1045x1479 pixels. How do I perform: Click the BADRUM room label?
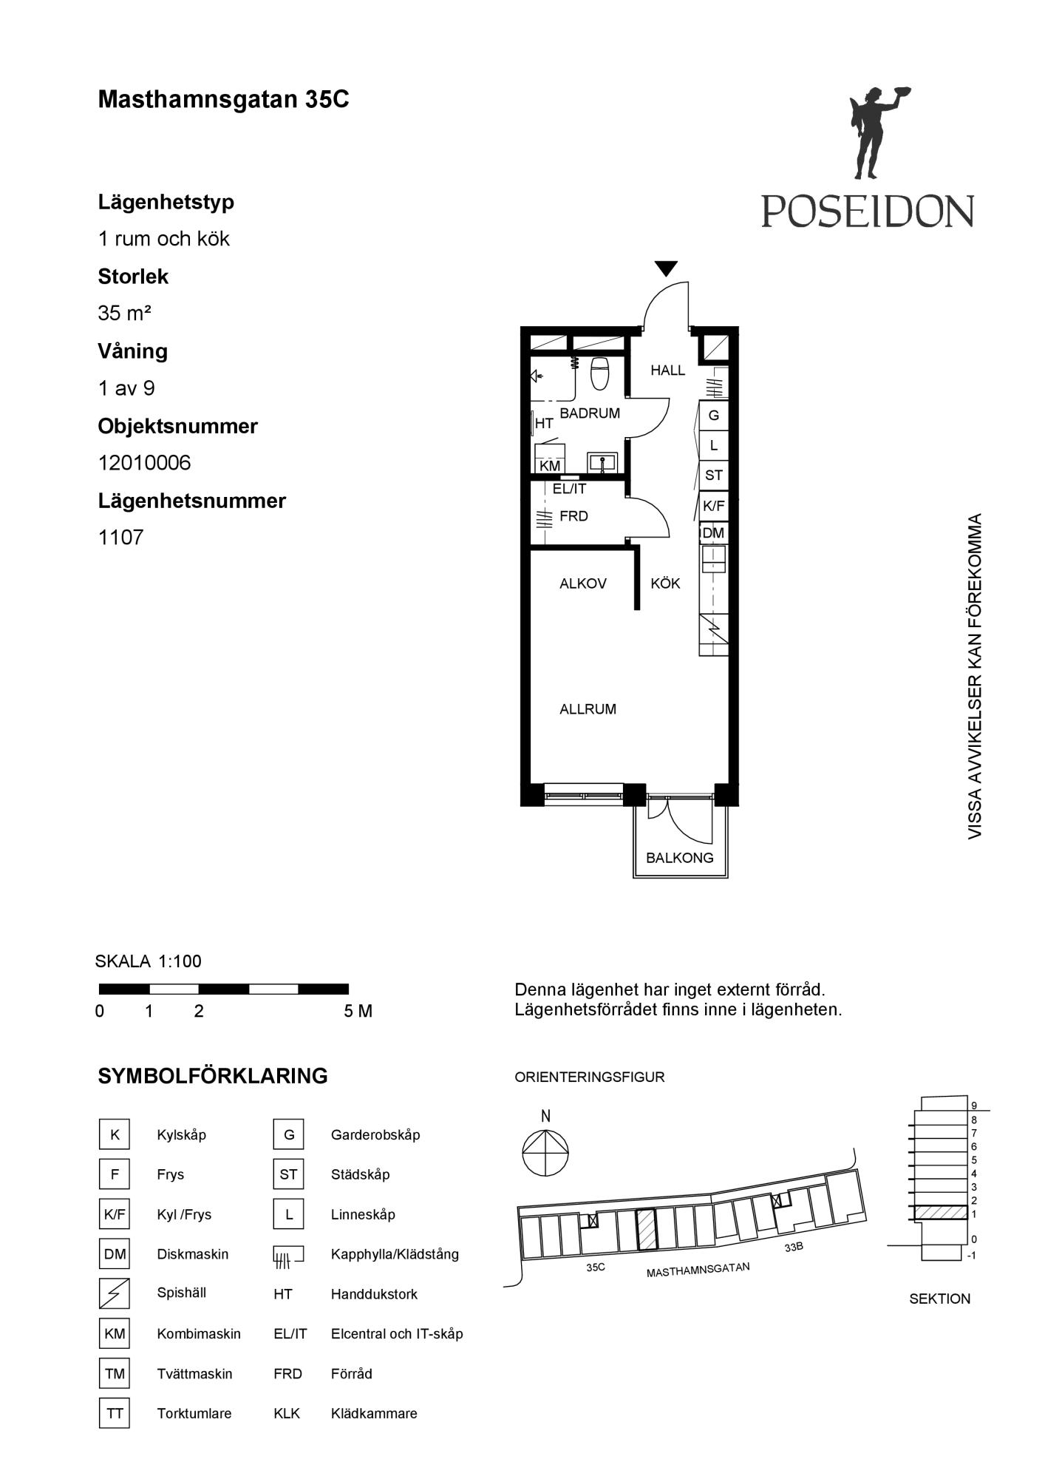(590, 413)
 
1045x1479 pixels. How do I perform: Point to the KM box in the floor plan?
(550, 466)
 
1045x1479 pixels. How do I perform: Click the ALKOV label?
(583, 583)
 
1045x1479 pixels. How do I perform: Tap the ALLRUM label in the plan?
(588, 709)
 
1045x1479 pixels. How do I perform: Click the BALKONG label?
(680, 858)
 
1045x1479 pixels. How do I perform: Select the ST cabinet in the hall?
(714, 475)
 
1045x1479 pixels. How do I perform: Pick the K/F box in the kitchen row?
(714, 507)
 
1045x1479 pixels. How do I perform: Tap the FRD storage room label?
(574, 516)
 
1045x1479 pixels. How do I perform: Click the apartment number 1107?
(120, 538)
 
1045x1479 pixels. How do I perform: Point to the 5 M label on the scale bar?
(358, 1011)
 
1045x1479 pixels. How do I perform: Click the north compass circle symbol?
(545, 1153)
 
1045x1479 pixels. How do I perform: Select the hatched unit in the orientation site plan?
(647, 1230)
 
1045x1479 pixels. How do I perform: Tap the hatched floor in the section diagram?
(940, 1212)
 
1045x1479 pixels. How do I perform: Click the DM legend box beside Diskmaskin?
(115, 1254)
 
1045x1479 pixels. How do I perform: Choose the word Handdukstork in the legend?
(374, 1294)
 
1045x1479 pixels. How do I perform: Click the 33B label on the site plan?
(794, 1247)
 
